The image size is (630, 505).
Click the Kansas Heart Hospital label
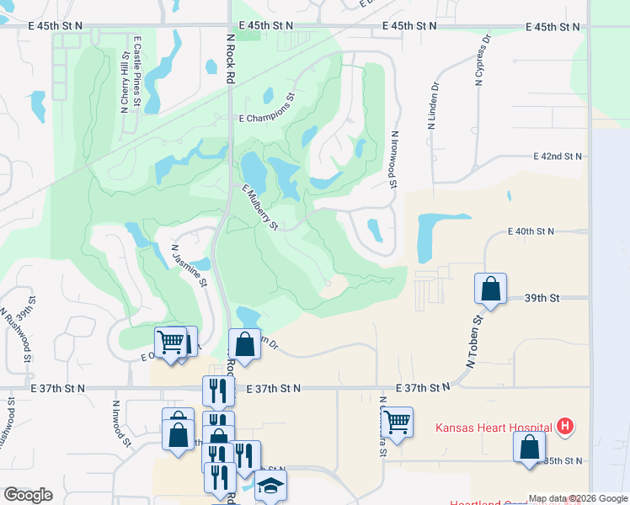coord(494,427)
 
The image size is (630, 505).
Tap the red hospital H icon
coord(565,427)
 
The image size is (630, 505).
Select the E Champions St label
coord(268,120)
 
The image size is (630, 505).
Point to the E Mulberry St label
coord(259,207)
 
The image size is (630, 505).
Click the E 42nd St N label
coord(558,157)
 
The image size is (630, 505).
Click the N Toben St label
coord(473,342)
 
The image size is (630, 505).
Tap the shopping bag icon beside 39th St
coord(490,290)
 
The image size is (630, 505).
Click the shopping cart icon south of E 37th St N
coord(397,422)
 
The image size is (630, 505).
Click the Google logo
coord(28,495)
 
